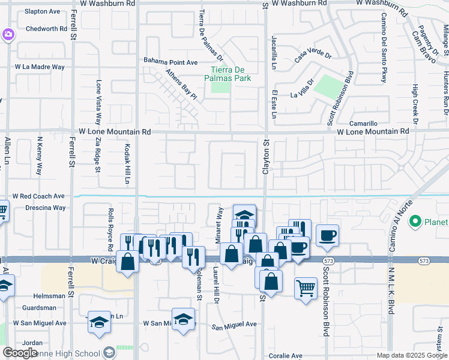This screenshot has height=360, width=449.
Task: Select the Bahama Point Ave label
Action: (170, 62)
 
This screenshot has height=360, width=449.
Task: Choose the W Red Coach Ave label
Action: (38, 196)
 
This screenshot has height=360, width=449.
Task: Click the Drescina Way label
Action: (46, 208)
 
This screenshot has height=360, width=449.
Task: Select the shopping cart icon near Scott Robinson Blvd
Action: (306, 288)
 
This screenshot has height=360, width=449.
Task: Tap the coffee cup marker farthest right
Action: (327, 235)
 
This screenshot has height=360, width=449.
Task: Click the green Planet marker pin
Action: (414, 222)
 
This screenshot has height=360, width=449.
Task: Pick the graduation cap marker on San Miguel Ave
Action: (183, 319)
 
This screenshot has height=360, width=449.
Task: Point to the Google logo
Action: (20, 353)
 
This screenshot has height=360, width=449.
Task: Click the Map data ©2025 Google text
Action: (411, 355)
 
